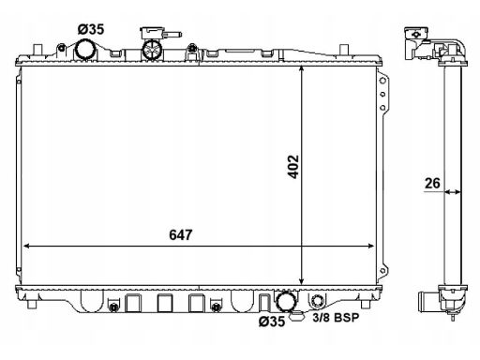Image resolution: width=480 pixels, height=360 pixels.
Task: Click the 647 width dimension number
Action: point(181,235)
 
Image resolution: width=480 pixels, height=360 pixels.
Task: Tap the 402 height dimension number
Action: point(293,167)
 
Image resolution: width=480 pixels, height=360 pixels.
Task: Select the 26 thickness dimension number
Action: point(432,183)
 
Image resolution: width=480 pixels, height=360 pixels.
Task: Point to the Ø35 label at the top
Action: point(91,29)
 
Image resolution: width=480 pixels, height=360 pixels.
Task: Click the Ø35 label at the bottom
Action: point(272,321)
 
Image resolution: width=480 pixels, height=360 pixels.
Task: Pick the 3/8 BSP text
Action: point(336,318)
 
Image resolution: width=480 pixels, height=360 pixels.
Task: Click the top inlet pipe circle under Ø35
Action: point(85,49)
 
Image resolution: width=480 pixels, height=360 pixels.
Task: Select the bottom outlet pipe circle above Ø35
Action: point(286,301)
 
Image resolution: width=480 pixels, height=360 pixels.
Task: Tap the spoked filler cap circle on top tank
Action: point(152,50)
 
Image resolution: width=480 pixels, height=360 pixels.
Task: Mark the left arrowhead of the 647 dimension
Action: point(26,246)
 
